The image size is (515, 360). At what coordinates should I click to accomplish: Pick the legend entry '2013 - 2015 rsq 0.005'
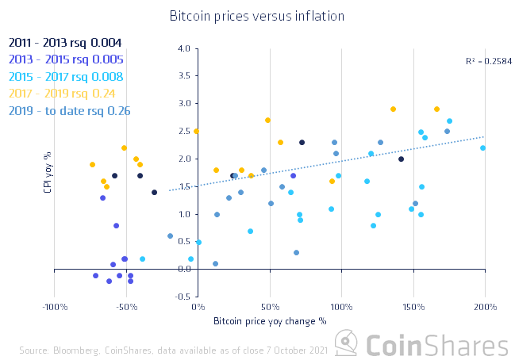coord(65,59)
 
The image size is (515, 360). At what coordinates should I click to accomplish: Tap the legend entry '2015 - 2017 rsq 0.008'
coord(65,77)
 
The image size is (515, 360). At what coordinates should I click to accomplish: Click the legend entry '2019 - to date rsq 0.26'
coord(69,112)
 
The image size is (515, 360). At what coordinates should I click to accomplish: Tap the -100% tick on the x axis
coord(54,307)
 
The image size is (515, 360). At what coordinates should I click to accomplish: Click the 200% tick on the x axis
coord(486,307)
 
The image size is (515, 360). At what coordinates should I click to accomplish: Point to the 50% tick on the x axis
coord(270,307)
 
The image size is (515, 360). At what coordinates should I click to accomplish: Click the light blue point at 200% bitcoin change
coord(483,148)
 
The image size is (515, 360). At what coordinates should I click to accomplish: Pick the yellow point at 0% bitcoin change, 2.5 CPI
coord(197,132)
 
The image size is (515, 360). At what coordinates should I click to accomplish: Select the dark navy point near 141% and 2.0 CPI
coord(401,159)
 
